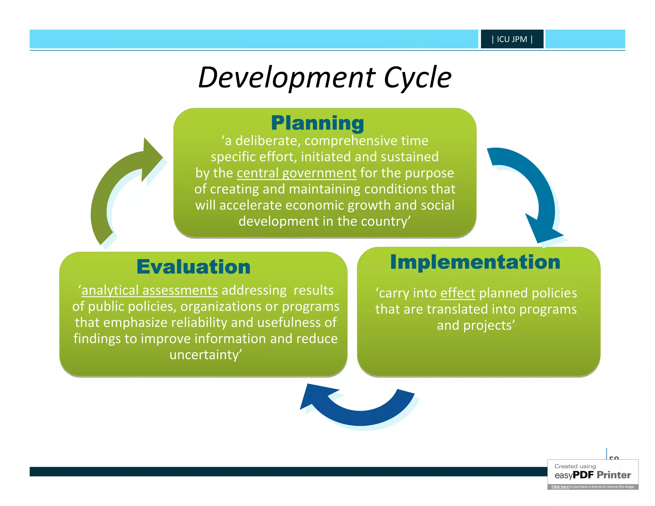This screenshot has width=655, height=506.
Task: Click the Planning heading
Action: [x=317, y=123]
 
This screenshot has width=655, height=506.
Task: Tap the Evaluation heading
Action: [x=193, y=267]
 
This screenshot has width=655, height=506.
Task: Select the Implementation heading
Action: [x=475, y=262]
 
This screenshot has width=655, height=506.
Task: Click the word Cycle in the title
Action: [x=417, y=78]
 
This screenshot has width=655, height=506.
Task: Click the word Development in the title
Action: [x=286, y=78]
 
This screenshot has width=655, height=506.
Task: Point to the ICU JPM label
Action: [x=512, y=39]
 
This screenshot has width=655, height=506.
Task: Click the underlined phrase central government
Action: [x=296, y=173]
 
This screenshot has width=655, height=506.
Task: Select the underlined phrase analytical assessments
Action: [x=150, y=290]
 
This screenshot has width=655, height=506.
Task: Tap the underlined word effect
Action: [x=458, y=293]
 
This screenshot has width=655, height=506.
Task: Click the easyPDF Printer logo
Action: [x=593, y=475]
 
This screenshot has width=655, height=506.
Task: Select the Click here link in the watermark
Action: [x=560, y=487]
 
